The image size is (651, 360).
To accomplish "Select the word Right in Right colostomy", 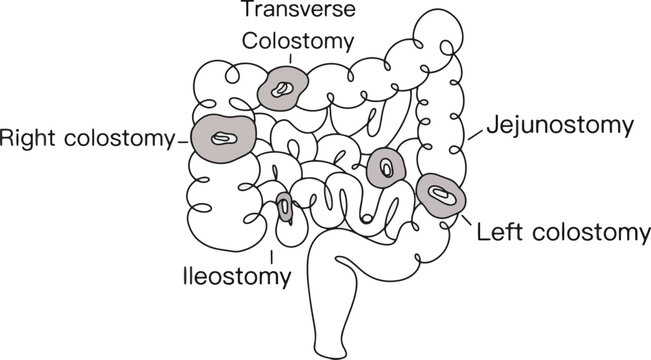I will (x=28, y=137).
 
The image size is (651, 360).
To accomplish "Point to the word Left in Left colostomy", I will (x=497, y=234).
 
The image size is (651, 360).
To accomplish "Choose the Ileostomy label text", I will (x=238, y=274).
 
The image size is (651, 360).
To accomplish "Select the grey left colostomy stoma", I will (x=441, y=193).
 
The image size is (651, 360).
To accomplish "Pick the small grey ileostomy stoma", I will (x=286, y=207).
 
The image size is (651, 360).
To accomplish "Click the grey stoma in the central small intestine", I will (x=385, y=167).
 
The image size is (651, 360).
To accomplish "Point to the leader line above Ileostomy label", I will (x=272, y=249).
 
